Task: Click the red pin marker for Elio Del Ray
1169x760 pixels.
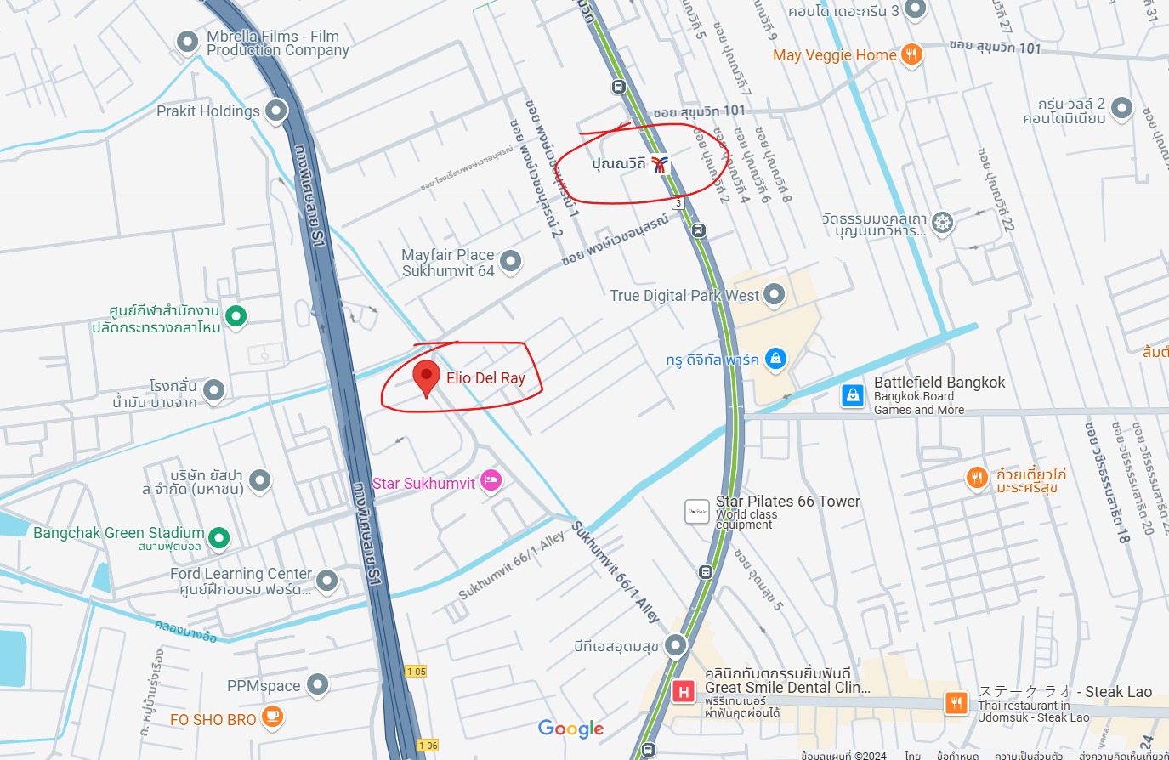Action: pos(426,377)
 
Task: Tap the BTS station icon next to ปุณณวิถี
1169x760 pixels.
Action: pos(661,164)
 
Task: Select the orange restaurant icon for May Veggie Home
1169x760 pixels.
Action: pos(911,54)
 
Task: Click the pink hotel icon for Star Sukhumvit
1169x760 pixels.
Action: pos(491,481)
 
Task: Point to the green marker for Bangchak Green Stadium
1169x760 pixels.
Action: pos(218,537)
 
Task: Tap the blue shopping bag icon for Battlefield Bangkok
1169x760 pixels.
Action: pos(853,395)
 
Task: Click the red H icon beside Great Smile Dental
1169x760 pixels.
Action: pos(683,692)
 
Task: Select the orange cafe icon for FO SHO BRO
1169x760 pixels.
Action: pos(272,717)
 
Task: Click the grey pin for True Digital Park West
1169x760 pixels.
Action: pos(774,294)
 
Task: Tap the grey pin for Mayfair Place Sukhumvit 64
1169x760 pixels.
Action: pos(510,261)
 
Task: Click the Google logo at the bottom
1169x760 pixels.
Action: pos(570,729)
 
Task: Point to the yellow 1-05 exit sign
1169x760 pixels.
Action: pos(416,672)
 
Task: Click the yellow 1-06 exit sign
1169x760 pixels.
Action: pos(428,746)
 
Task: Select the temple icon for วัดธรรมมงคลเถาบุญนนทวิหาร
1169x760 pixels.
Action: pos(942,223)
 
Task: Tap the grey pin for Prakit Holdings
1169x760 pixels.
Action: pos(275,111)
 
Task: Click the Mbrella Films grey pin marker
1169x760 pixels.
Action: pos(187,42)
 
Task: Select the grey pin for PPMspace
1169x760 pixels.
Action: pos(317,683)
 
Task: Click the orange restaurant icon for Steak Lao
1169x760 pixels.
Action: pos(956,702)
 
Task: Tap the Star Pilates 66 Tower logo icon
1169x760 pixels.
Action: pos(697,511)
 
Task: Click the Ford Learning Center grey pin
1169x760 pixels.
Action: pos(326,581)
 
